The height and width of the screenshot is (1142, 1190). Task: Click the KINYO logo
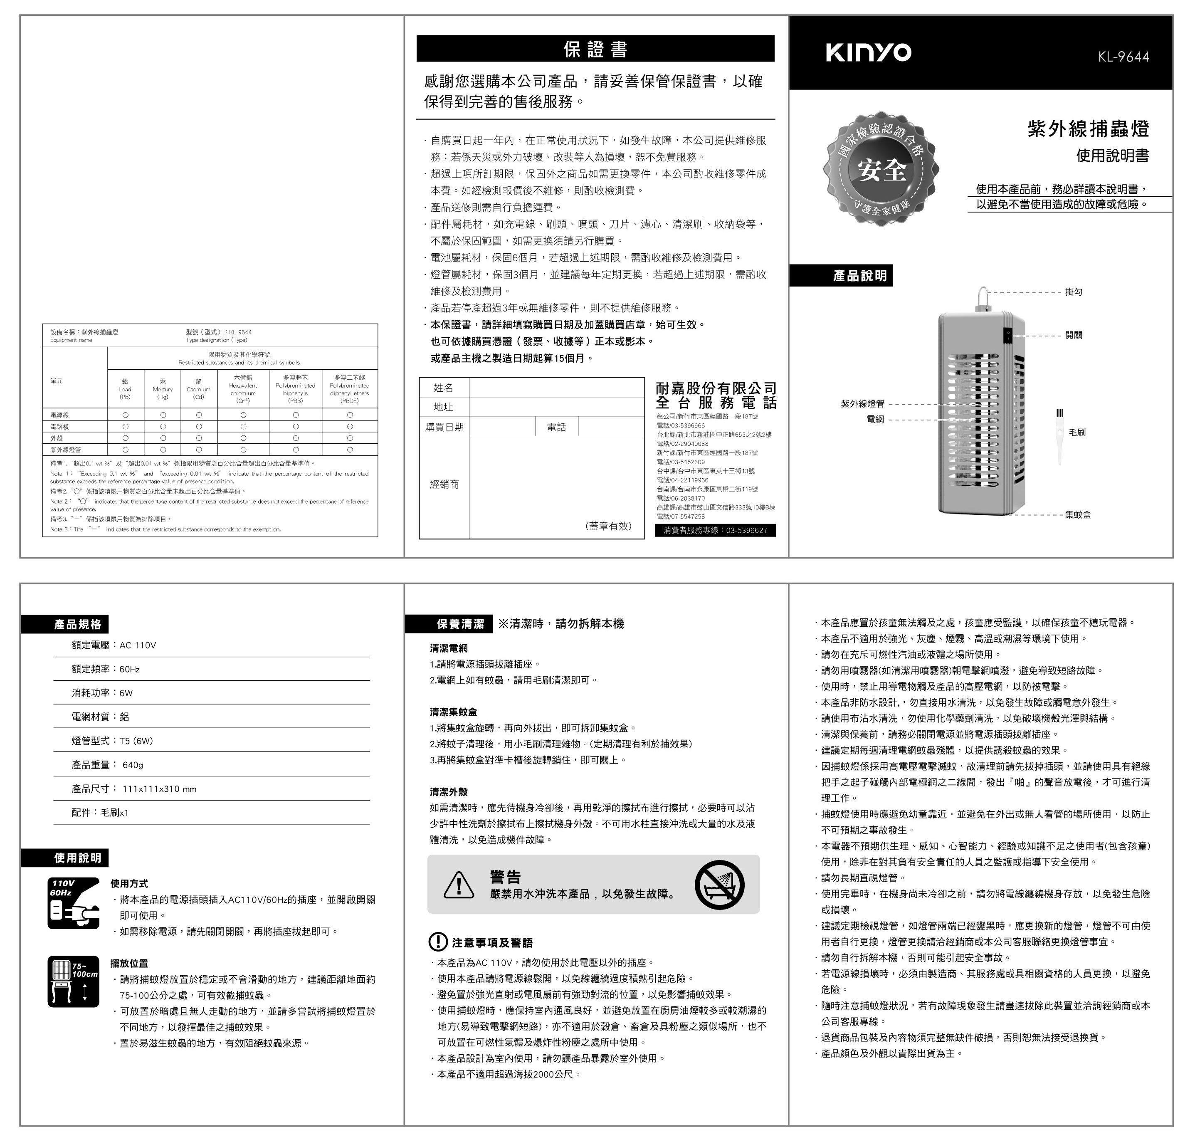(x=868, y=52)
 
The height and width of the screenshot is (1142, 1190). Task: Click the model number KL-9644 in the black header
(x=1123, y=57)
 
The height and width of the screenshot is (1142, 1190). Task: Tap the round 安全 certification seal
(x=881, y=168)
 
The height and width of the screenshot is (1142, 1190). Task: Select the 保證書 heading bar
(x=595, y=49)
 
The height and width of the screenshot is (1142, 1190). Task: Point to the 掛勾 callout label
(x=1074, y=292)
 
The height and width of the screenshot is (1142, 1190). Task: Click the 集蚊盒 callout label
(x=1078, y=515)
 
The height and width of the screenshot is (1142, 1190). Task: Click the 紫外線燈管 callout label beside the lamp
(x=862, y=404)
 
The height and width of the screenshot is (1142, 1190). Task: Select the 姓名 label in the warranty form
(x=443, y=388)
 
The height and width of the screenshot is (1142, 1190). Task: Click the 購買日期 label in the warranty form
(x=444, y=427)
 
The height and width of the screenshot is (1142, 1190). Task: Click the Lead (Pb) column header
(x=125, y=389)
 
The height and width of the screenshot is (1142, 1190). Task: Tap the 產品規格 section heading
(x=78, y=624)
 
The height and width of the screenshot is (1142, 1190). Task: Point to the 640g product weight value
(x=133, y=765)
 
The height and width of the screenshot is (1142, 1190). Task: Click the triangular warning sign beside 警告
(x=459, y=885)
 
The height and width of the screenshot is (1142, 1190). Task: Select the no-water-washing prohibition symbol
(x=719, y=885)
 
